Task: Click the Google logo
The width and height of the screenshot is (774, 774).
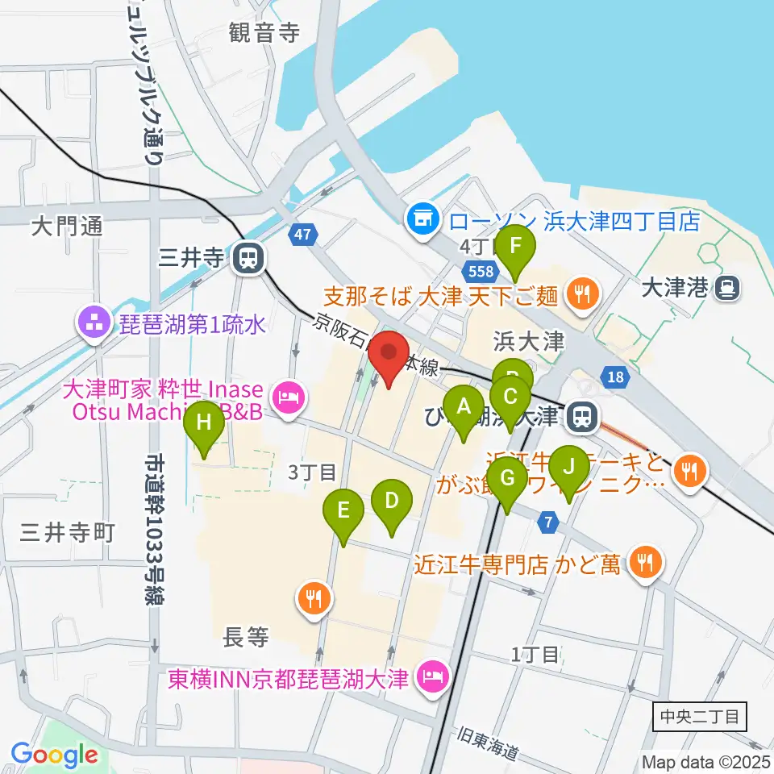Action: (x=55, y=755)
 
